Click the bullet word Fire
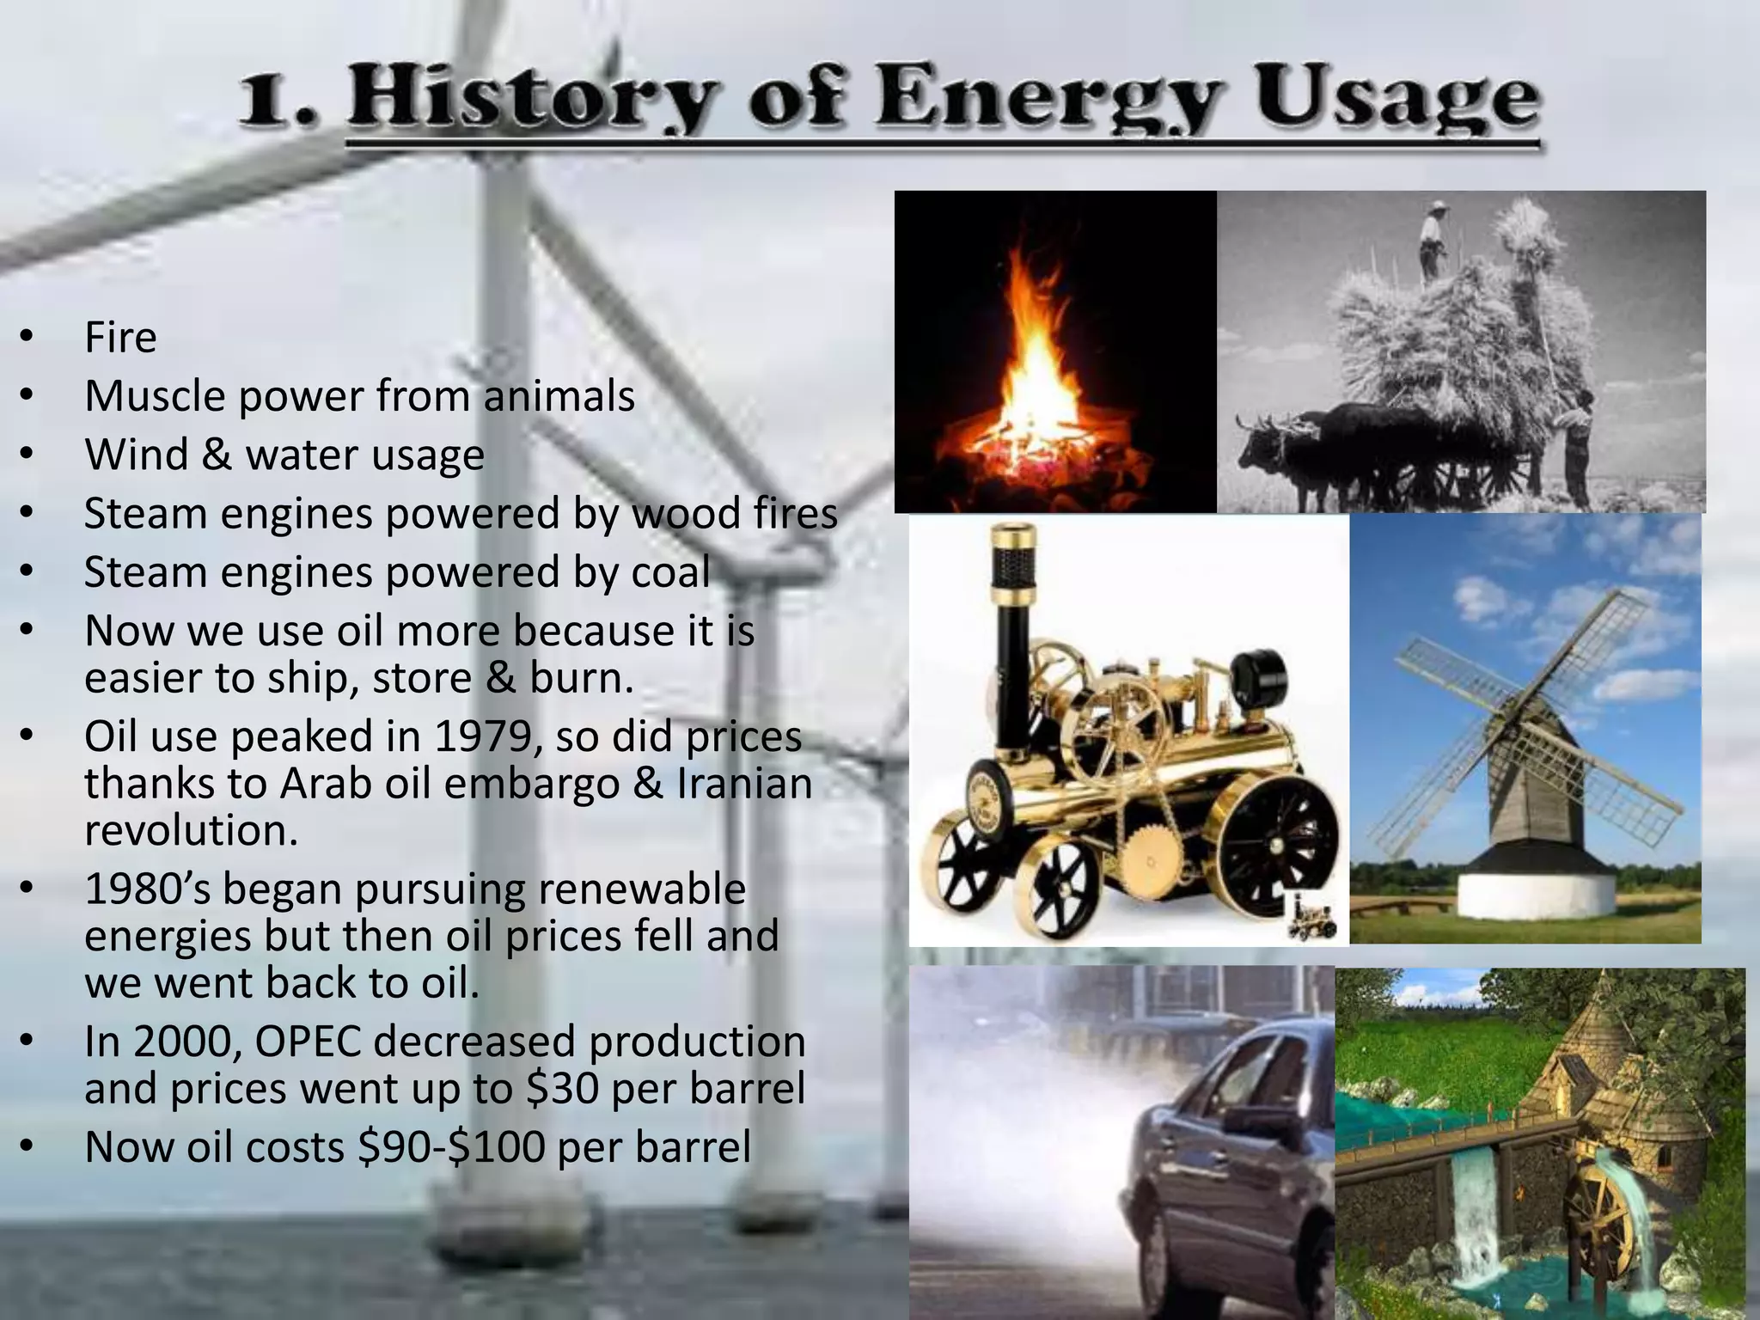click(x=120, y=337)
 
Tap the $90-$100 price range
click(x=451, y=1147)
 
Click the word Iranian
click(x=744, y=784)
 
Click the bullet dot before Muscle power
click(x=27, y=396)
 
